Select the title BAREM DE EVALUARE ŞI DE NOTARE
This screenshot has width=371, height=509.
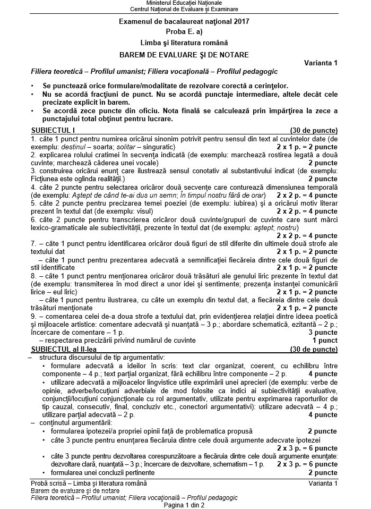coord(185,54)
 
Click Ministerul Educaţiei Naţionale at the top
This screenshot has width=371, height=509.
coord(185,4)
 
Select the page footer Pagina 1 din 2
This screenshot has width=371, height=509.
coord(185,504)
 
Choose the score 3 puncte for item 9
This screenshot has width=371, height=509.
coord(323,332)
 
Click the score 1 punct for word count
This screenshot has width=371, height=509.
coord(325,340)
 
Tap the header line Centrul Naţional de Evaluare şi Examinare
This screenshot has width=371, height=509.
coord(185,10)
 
